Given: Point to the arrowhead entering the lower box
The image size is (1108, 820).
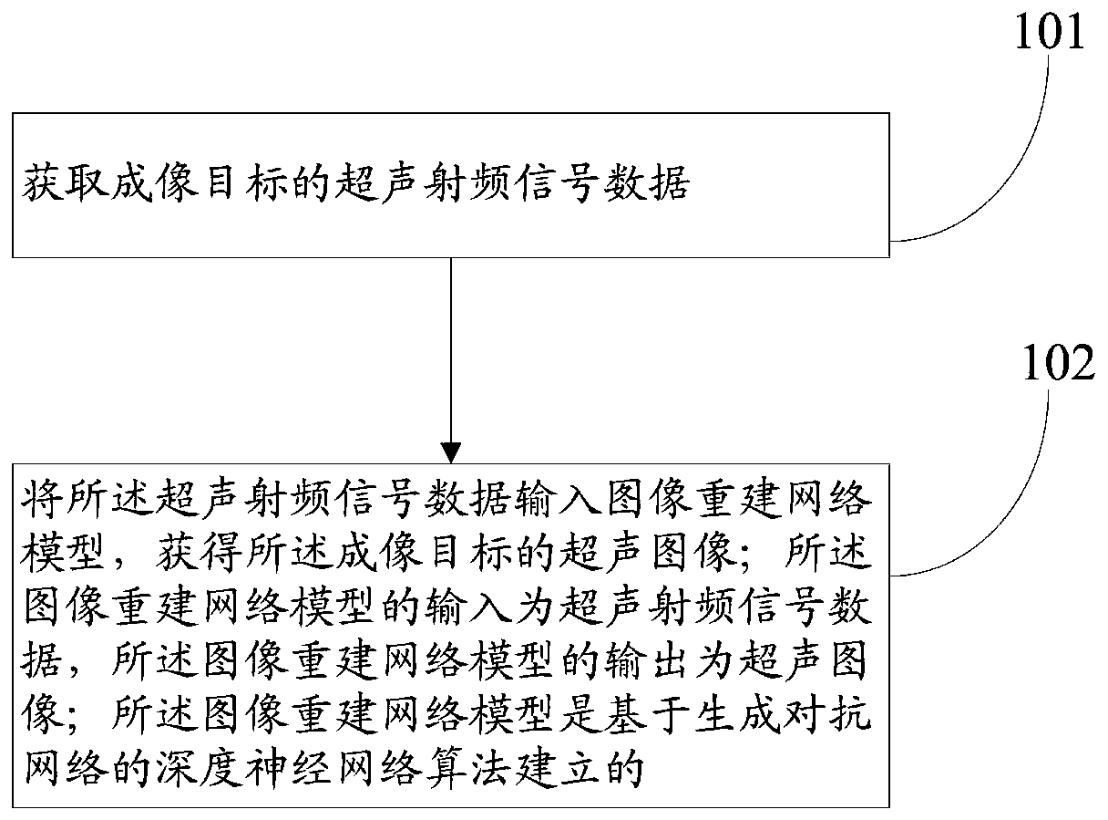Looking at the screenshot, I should click(x=451, y=452).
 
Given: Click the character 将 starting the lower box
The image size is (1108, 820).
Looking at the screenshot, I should click(x=40, y=501).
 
